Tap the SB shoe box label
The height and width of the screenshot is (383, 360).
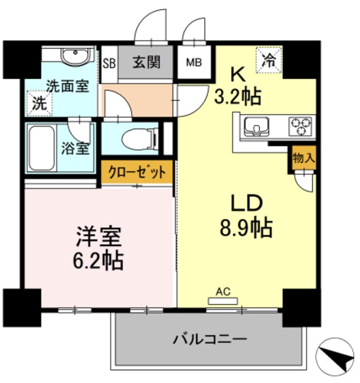pos(109,62)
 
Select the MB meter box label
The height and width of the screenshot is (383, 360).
pos(193,62)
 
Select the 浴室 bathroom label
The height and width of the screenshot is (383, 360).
pos(75,148)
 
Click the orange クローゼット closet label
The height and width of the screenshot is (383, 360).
pos(137,172)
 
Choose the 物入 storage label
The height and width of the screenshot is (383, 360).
pos(304,159)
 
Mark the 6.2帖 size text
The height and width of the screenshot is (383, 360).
pos(99,261)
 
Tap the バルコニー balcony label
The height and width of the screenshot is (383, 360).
pos(210,340)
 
